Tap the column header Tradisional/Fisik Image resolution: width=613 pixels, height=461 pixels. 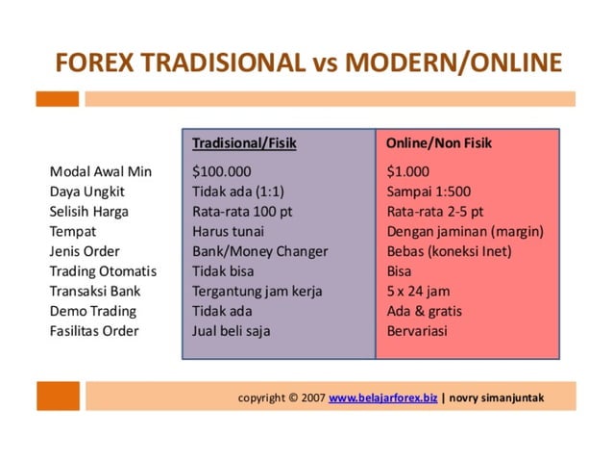coord(244,143)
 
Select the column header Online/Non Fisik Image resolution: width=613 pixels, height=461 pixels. coord(438,143)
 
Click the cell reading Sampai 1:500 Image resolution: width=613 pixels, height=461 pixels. coord(427,191)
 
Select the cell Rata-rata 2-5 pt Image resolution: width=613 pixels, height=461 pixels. coord(435,211)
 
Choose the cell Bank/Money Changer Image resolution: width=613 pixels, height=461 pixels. coord(259,251)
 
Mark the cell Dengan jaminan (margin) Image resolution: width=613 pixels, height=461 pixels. coord(465,231)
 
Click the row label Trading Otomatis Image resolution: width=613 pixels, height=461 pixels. coord(103,271)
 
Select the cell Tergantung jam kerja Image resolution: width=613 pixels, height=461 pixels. coord(257,291)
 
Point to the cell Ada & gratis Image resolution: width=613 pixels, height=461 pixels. coord(423,311)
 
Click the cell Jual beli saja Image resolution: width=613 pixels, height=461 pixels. coord(232,331)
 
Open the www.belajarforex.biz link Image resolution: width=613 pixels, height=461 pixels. coord(382,397)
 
